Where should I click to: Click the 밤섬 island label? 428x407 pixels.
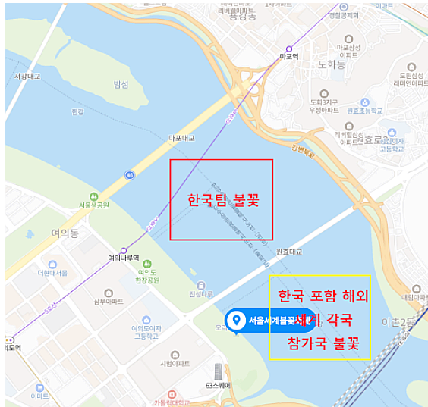coord(121,83)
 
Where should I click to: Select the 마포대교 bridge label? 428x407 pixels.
coord(181,138)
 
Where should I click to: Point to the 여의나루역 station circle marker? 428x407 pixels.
coord(123,250)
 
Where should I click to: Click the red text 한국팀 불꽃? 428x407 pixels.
coord(223,201)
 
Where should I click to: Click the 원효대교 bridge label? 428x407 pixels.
coord(288,251)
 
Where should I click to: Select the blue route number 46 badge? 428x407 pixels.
coord(130,175)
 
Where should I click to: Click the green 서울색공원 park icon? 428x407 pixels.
coord(94,196)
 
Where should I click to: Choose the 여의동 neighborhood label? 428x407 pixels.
coord(65,233)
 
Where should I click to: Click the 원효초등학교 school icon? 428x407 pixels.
coord(364,102)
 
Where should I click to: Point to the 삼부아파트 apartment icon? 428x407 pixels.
coord(109,292)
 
